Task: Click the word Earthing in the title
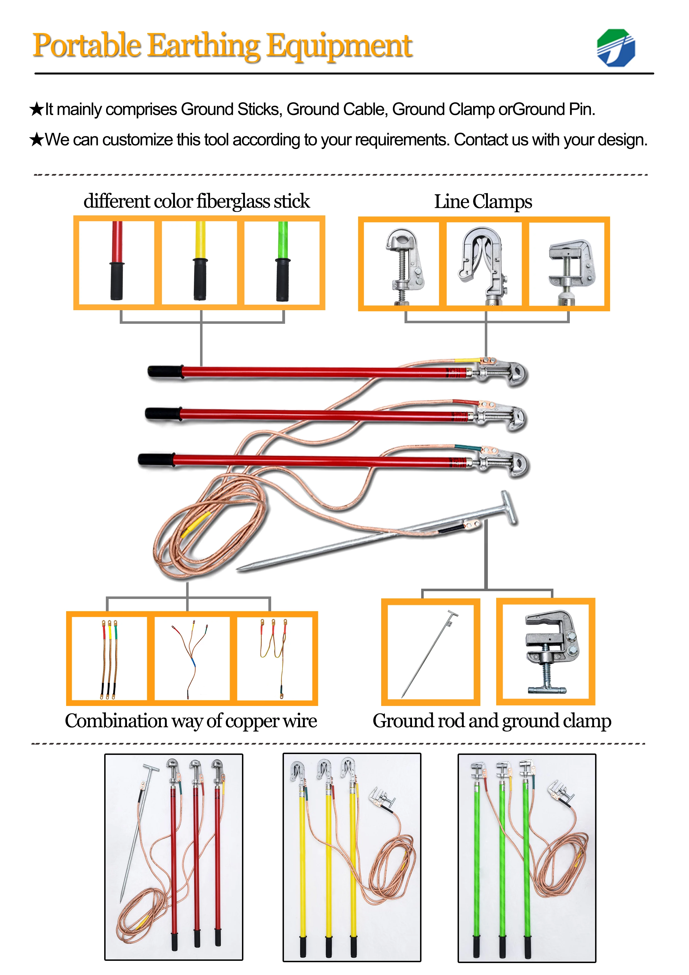[x=203, y=46]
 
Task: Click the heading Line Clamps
[x=483, y=202]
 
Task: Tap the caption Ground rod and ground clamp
[x=491, y=721]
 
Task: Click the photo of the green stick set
[x=526, y=858]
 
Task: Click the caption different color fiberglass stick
[x=196, y=201]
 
